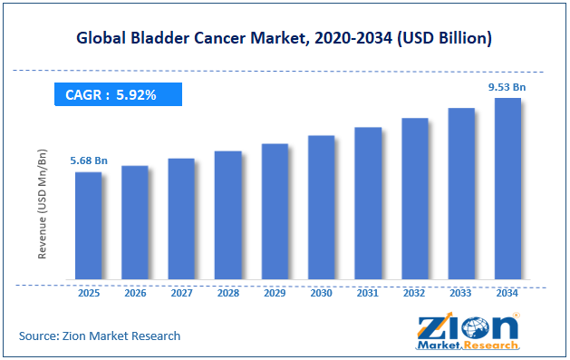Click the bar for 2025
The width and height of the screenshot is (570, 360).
pyautogui.click(x=88, y=226)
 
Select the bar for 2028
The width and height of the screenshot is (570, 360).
pyautogui.click(x=228, y=215)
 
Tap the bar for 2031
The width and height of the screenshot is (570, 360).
pyautogui.click(x=368, y=203)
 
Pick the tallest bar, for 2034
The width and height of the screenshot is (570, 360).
pyautogui.click(x=507, y=189)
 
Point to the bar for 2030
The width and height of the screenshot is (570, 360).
pyautogui.click(x=322, y=208)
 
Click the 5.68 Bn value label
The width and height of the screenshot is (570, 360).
pyautogui.click(x=89, y=161)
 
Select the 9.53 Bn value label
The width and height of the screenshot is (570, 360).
pyautogui.click(x=507, y=87)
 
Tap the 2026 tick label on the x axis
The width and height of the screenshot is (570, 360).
pyautogui.click(x=135, y=293)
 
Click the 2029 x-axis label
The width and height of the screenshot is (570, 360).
pyautogui.click(x=275, y=293)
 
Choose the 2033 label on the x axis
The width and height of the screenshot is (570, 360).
pyautogui.click(x=460, y=293)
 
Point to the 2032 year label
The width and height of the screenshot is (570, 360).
pyautogui.click(x=414, y=293)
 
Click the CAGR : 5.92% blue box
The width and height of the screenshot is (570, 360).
pyautogui.click(x=118, y=94)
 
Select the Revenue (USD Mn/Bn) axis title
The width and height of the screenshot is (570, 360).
pyautogui.click(x=43, y=204)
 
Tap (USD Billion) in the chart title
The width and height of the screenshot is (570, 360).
pyautogui.click(x=445, y=38)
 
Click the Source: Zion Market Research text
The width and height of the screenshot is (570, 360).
pyautogui.click(x=100, y=336)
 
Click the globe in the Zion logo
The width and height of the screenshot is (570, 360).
pyautogui.click(x=475, y=327)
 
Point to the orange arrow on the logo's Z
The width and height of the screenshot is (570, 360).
pyautogui.click(x=436, y=324)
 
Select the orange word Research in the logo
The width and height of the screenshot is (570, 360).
pyautogui.click(x=491, y=345)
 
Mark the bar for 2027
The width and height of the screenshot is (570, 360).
pyautogui.click(x=181, y=219)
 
